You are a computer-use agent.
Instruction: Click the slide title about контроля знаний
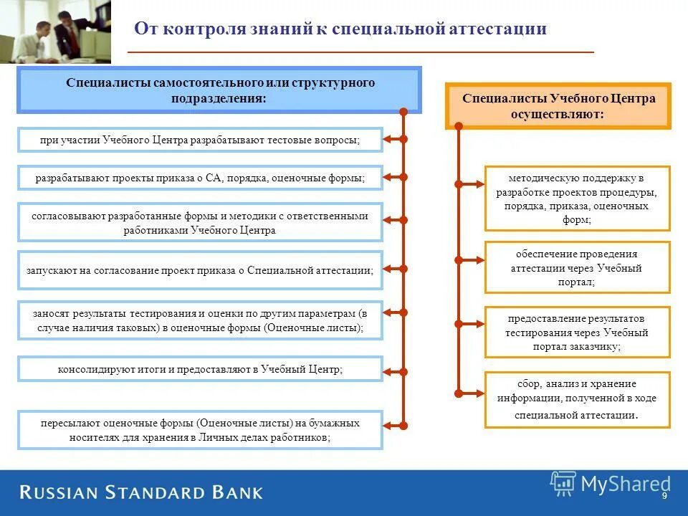(340, 29)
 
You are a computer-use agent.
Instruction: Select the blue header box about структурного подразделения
(219, 91)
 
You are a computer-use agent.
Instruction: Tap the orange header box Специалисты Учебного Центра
(558, 106)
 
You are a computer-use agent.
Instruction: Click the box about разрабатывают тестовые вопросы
(200, 140)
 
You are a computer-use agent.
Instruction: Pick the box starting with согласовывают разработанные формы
(200, 223)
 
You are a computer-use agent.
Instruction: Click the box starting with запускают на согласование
(200, 270)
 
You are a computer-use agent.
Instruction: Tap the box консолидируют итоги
(200, 370)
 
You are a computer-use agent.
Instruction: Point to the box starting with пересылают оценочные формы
(200, 430)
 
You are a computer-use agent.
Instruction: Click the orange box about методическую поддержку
(577, 199)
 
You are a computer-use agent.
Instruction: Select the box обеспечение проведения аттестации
(577, 267)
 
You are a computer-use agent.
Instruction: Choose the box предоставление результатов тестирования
(577, 332)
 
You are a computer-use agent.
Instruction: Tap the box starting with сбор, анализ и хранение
(577, 399)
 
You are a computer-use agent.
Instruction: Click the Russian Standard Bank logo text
(141, 492)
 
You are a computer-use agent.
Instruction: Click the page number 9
(664, 497)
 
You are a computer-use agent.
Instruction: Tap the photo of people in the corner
(55, 32)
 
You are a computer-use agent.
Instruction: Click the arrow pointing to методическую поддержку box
(471, 184)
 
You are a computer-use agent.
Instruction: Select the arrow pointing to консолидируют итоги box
(393, 371)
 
